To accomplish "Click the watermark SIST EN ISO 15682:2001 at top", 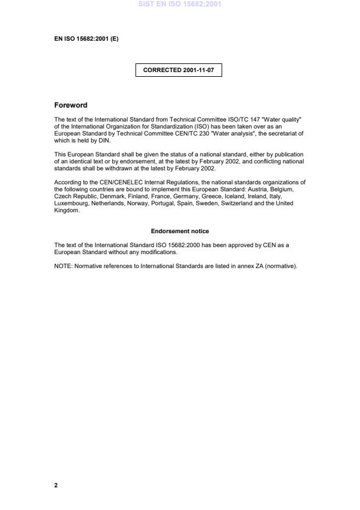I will (x=180, y=5).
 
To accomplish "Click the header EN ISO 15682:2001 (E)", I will (x=86, y=40).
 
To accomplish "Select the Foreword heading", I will (x=70, y=105).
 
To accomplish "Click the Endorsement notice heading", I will (x=180, y=231).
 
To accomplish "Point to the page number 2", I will (x=56, y=485).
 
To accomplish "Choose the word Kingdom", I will (x=66, y=211).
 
